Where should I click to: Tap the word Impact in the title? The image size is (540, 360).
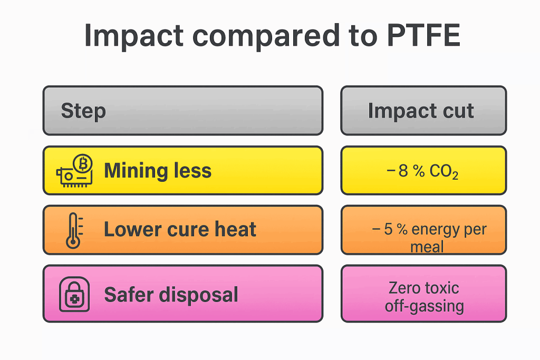134,36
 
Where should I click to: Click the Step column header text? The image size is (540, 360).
83,111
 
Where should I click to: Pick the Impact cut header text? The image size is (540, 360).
421,111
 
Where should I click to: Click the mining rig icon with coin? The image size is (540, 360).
75,170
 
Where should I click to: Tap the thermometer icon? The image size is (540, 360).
73,230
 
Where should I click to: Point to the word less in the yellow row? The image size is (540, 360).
192,171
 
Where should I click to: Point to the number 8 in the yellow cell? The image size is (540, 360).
403,172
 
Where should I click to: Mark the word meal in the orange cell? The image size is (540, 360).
427,246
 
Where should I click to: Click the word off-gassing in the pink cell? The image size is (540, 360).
424,307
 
